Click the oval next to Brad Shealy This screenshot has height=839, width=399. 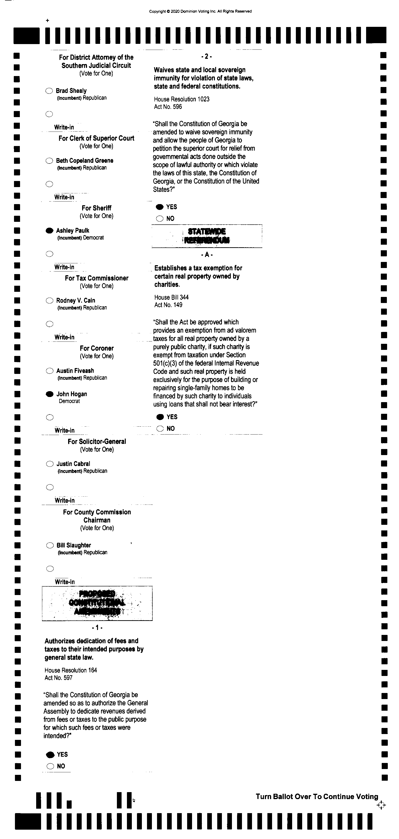[x=49, y=91]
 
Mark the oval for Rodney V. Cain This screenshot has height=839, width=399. [x=49, y=300]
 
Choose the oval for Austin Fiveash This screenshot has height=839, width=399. [x=49, y=371]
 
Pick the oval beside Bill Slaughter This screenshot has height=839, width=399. [x=50, y=545]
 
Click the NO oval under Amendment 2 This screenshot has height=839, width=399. [x=160, y=219]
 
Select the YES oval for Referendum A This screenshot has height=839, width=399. [x=160, y=417]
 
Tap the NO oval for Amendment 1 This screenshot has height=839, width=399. [x=50, y=766]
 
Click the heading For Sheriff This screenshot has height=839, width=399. [x=96, y=208]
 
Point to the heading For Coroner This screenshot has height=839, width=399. [x=97, y=348]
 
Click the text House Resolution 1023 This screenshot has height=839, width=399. [x=182, y=99]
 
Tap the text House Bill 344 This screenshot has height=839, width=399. [x=171, y=297]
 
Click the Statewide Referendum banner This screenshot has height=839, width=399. [x=207, y=236]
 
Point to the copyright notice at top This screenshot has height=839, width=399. [x=200, y=11]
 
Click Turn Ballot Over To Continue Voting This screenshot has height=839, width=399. [x=317, y=797]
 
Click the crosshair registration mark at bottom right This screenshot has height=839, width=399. [x=381, y=805]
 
